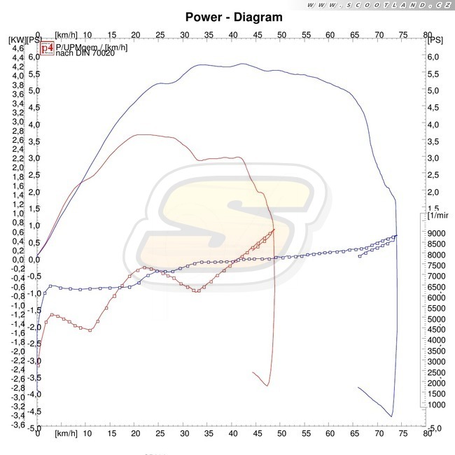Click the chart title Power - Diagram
234,17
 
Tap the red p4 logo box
46,48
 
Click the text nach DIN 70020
75,53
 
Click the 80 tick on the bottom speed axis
426,434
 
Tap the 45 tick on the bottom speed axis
256,434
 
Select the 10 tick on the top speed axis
86,33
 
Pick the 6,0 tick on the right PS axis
434,57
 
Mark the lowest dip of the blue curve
391,416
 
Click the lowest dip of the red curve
267,385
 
